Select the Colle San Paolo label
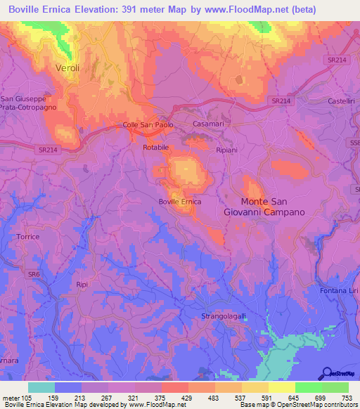[148, 126]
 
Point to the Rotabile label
[155, 148]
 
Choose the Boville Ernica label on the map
[180, 202]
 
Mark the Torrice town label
[28, 237]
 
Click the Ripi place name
[82, 285]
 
